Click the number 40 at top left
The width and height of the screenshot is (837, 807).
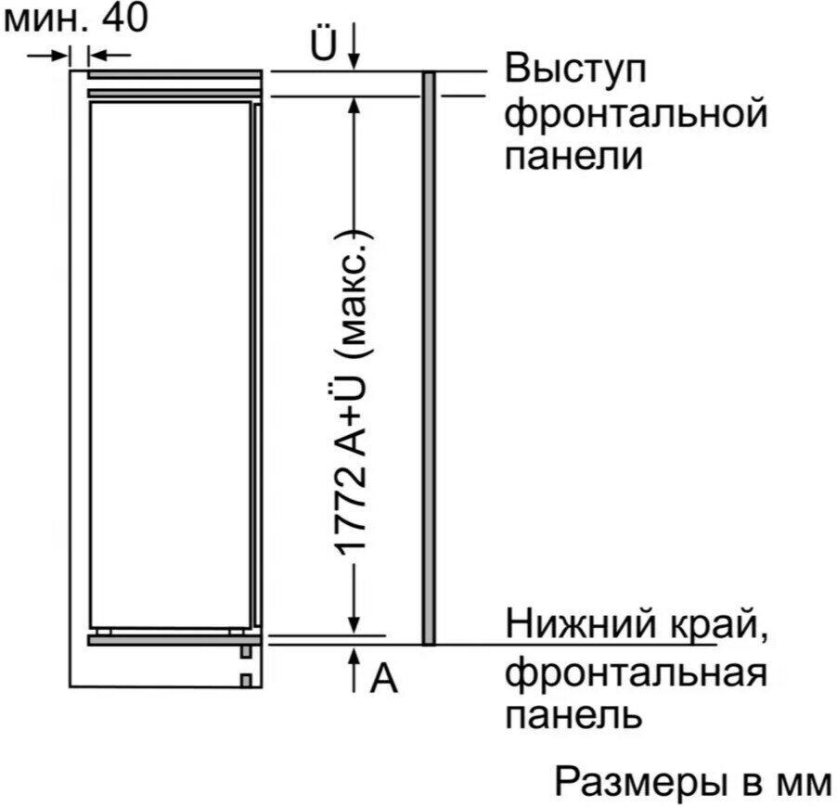(x=124, y=19)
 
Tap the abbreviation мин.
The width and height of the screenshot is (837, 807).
(x=45, y=20)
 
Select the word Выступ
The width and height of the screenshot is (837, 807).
(x=575, y=70)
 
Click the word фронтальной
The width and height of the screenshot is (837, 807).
(x=637, y=115)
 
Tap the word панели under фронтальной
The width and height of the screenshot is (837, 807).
(x=573, y=157)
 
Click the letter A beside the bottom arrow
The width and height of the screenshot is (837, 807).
(x=384, y=679)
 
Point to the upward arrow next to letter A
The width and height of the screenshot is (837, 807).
(x=353, y=670)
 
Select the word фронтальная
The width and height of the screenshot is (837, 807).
(x=637, y=673)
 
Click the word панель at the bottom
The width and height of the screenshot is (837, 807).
(x=573, y=716)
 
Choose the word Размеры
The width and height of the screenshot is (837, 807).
(x=640, y=783)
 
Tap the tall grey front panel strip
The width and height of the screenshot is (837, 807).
(x=429, y=358)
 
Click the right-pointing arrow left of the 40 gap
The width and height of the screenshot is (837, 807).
(x=48, y=55)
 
